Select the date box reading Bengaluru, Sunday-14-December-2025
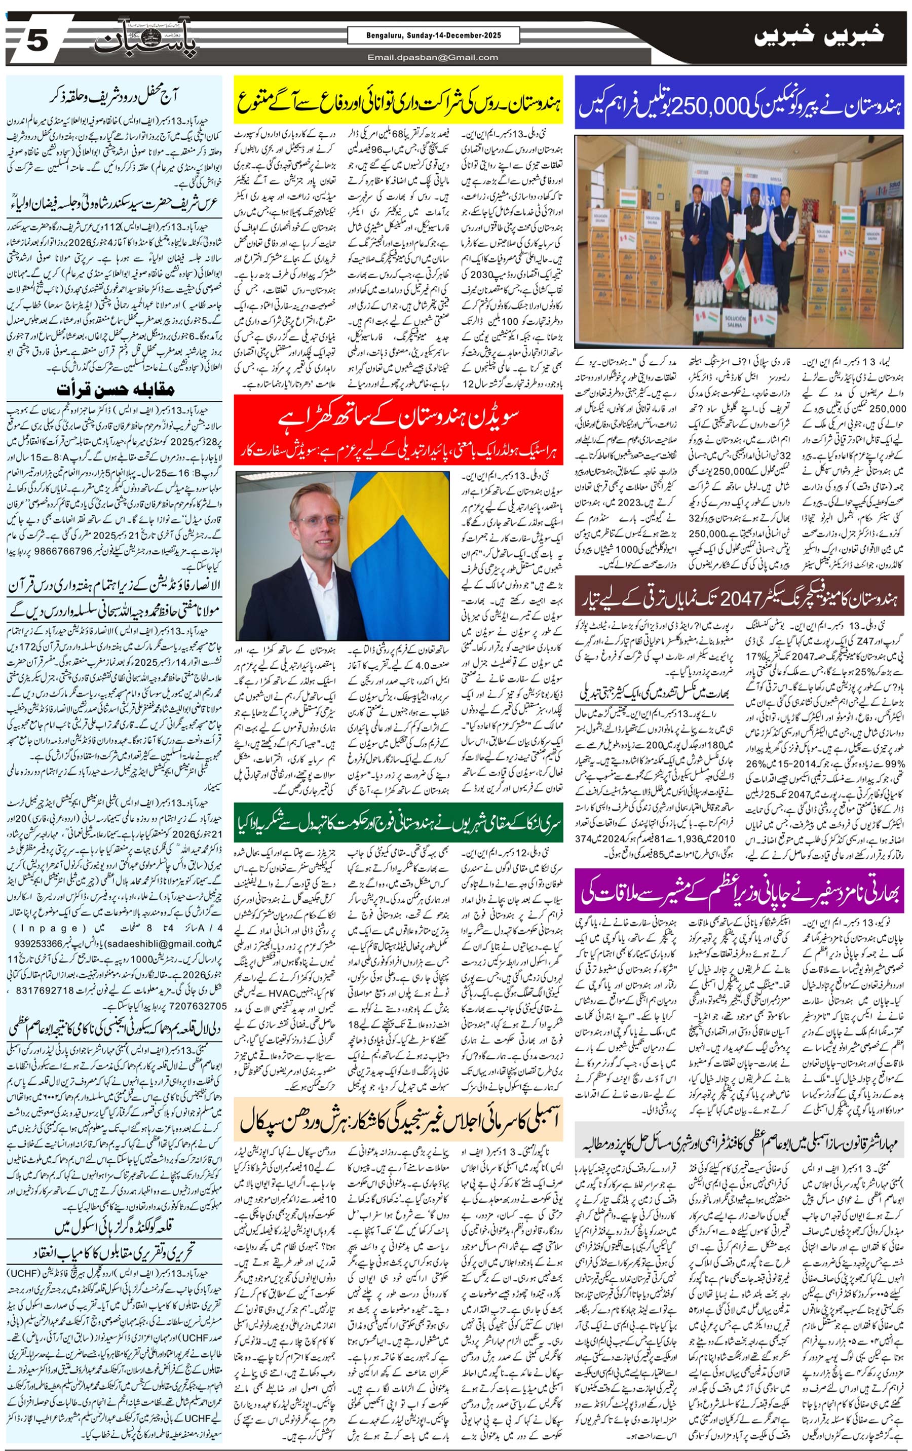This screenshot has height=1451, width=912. [433, 35]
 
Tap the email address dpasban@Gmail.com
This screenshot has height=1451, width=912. [433, 57]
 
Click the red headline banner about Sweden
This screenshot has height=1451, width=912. [398, 430]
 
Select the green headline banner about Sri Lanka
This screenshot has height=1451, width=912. [398, 822]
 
